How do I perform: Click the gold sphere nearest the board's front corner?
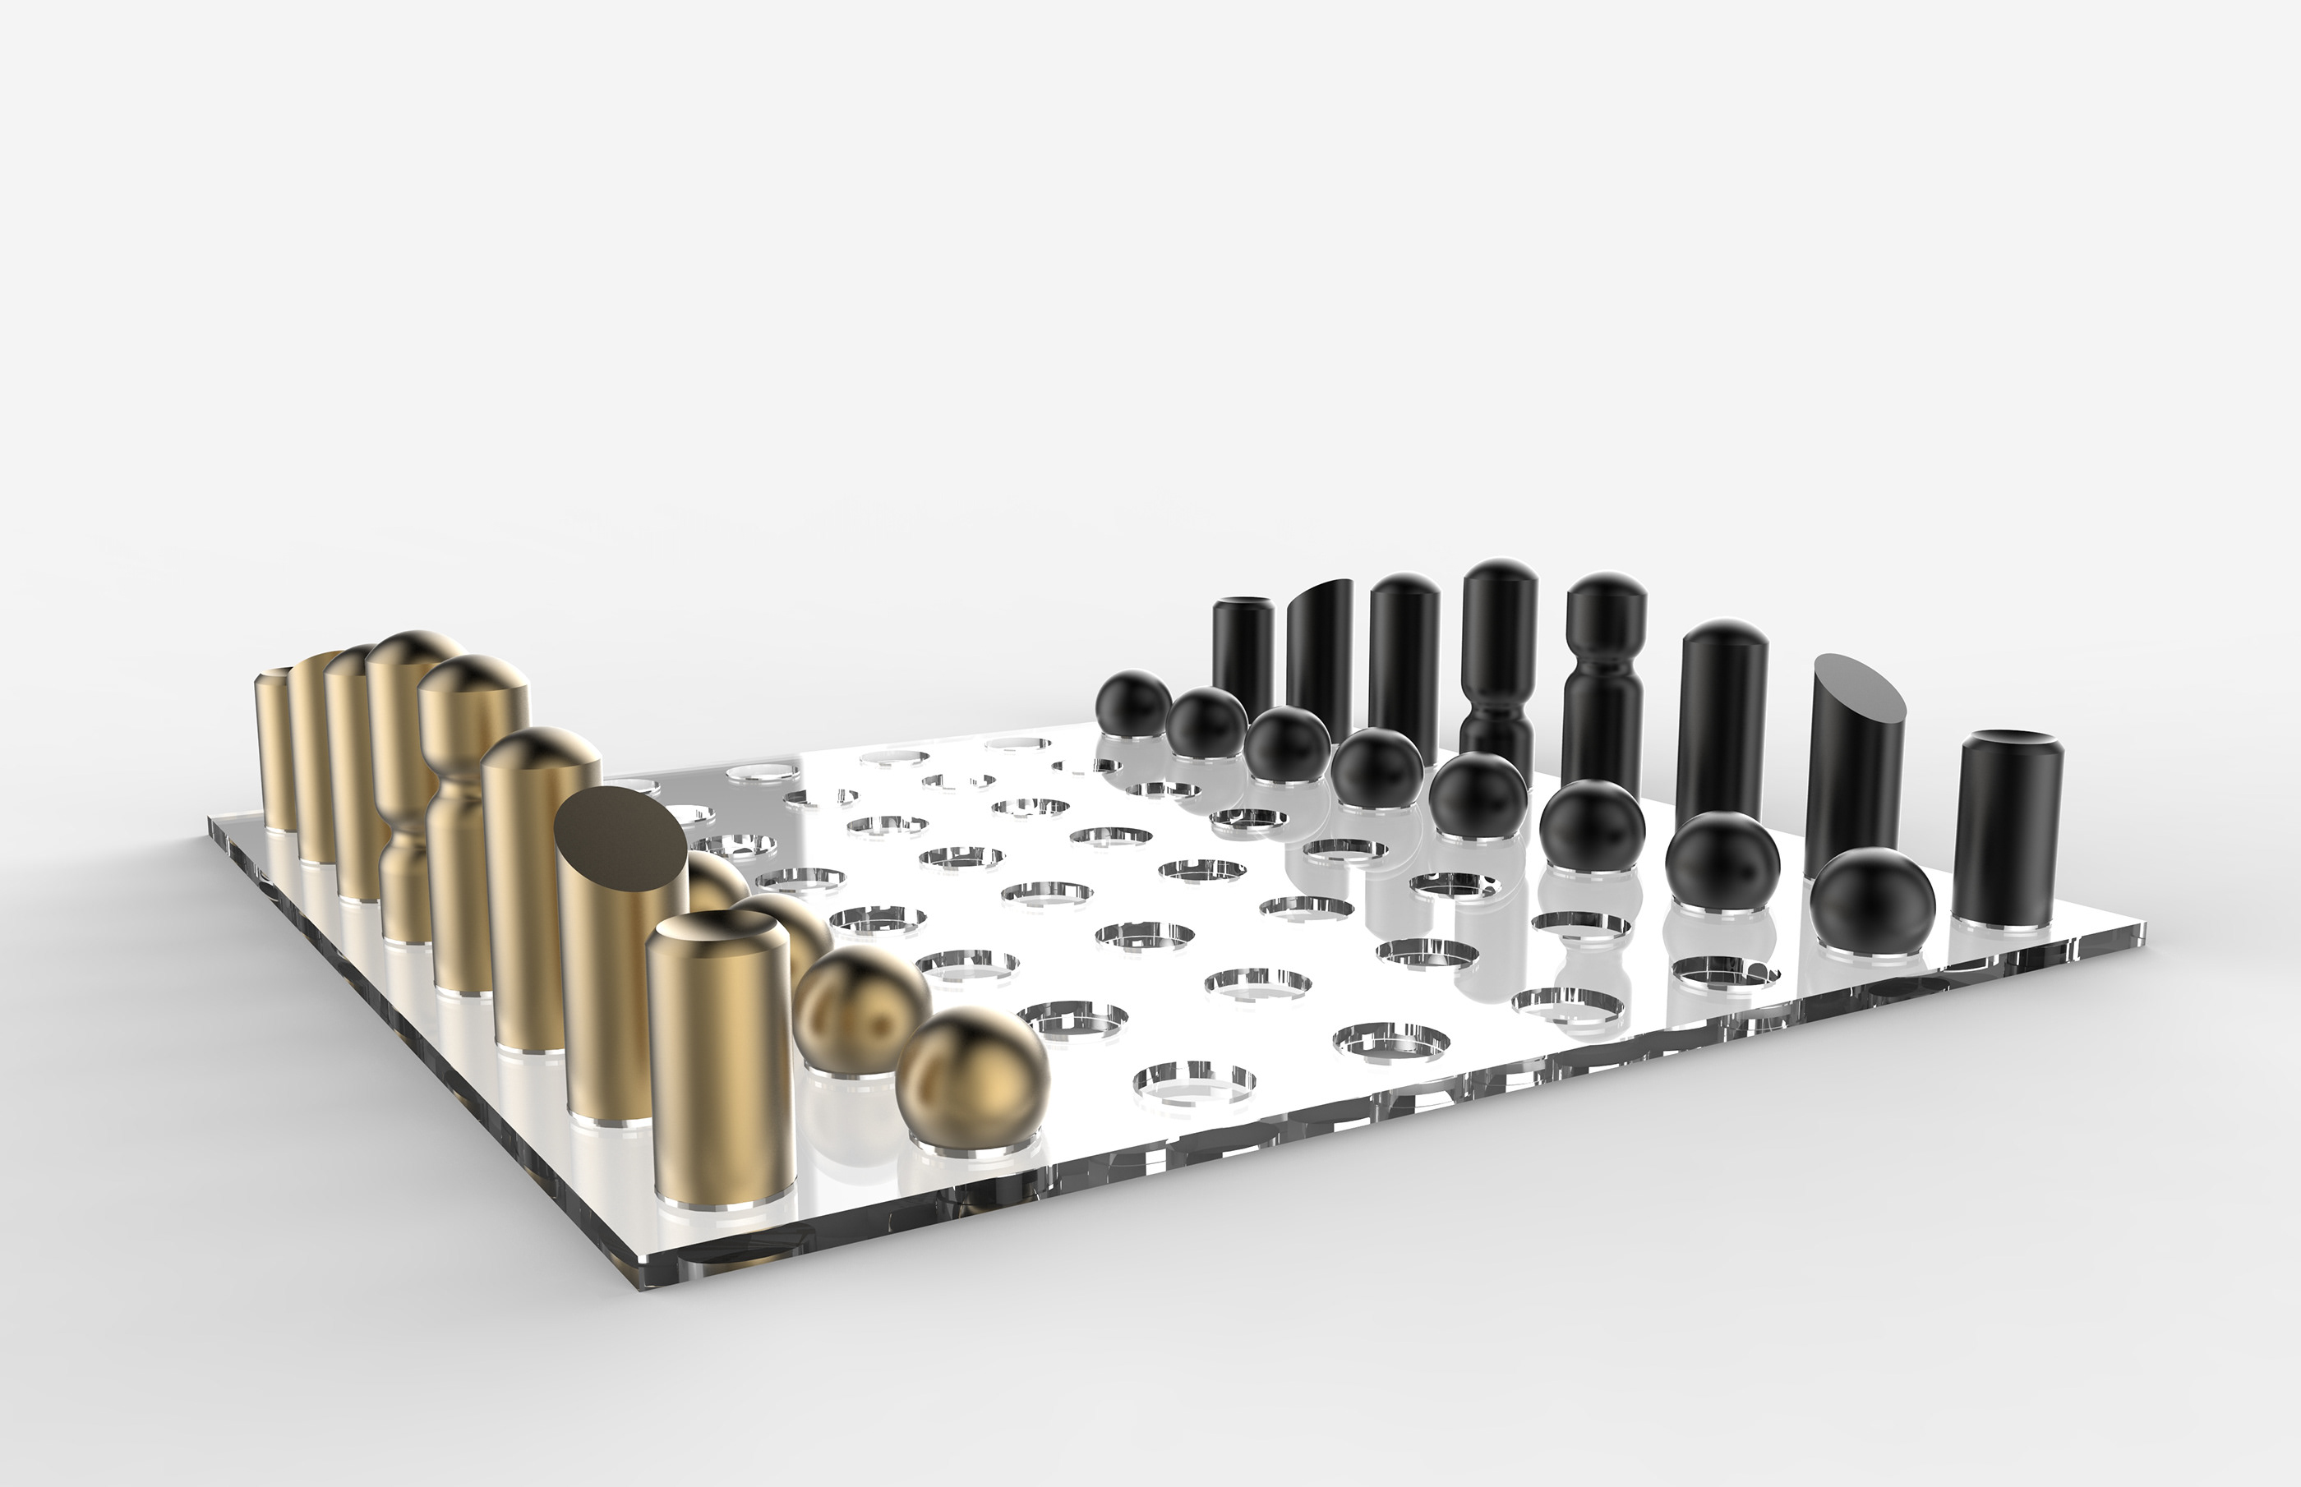click(972, 1080)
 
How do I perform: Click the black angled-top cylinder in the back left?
click(1319, 647)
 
